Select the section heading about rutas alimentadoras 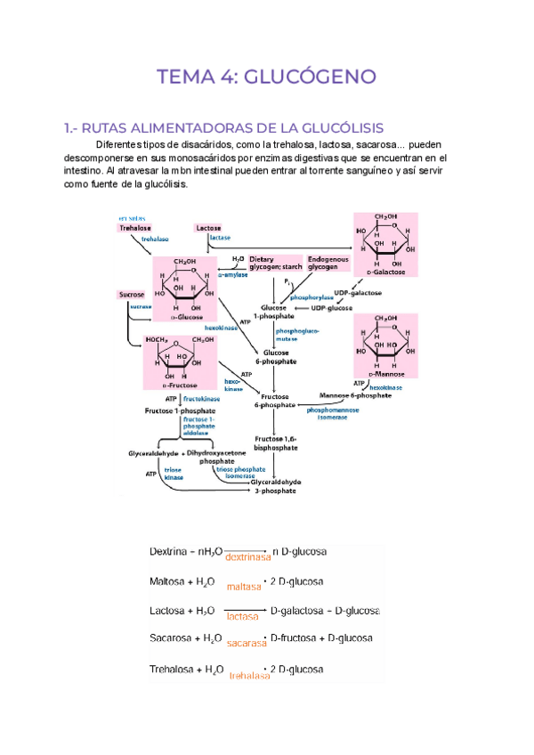pos(212,128)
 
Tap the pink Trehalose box pos(135,228)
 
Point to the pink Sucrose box pos(132,294)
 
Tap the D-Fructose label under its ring pos(180,386)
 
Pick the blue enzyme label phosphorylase pos(311,297)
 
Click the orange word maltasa pos(244,586)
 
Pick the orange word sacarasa pos(247,642)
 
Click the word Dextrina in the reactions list pos(169,552)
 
